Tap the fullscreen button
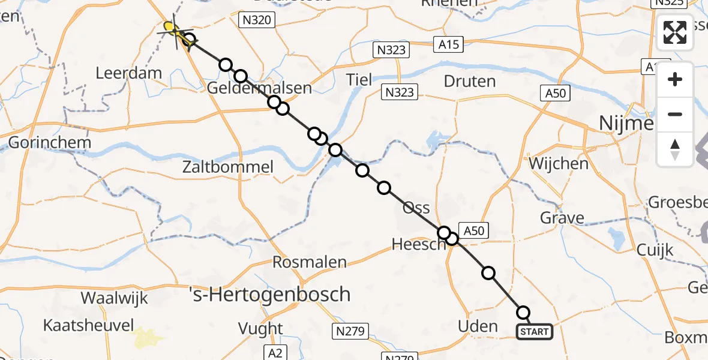click(x=675, y=32)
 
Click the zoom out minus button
click(x=675, y=114)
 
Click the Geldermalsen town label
click(x=259, y=88)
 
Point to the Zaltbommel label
click(x=228, y=167)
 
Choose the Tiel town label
click(x=359, y=79)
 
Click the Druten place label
click(x=470, y=81)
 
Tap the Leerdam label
click(x=129, y=73)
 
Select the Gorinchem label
click(x=50, y=143)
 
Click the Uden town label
click(x=478, y=326)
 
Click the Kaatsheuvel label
click(x=88, y=325)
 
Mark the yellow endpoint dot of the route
click(x=170, y=26)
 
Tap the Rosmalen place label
click(x=310, y=262)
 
